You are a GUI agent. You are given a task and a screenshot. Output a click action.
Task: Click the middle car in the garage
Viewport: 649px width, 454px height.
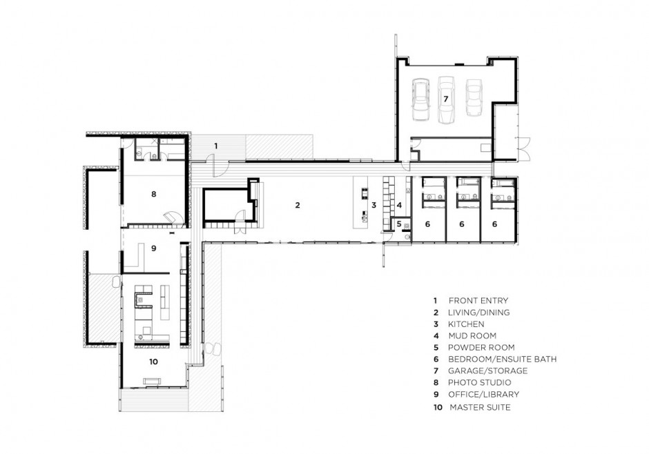tap(446, 100)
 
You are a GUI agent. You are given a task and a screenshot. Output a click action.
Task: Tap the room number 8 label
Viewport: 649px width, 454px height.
tap(153, 194)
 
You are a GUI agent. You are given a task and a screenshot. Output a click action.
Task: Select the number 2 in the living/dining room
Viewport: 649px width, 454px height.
tap(297, 205)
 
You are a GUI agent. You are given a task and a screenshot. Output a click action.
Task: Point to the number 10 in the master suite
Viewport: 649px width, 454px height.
tap(153, 362)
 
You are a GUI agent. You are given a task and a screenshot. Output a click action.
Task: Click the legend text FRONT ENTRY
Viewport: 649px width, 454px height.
tap(478, 301)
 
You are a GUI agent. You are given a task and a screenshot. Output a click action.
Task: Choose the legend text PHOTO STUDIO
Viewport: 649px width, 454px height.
tap(479, 382)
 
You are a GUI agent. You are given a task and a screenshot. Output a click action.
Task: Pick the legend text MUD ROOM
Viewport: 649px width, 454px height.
tap(472, 336)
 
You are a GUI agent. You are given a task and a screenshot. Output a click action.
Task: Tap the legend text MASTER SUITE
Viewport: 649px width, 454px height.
tap(480, 407)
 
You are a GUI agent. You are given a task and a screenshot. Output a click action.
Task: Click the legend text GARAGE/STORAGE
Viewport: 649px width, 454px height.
tap(487, 371)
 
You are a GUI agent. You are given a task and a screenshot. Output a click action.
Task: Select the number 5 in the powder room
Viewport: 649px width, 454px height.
tap(399, 224)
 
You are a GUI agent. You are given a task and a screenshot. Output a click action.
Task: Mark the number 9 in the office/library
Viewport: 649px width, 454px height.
tap(153, 248)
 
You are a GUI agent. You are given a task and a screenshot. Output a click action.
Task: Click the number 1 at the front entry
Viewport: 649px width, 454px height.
tap(215, 146)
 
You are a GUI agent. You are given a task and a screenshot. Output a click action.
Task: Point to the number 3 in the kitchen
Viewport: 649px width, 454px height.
tap(374, 205)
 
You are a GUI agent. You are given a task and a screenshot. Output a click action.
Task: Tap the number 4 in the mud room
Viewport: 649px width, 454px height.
tap(399, 205)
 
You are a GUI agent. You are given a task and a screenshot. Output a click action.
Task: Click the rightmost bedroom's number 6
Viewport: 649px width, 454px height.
tap(494, 224)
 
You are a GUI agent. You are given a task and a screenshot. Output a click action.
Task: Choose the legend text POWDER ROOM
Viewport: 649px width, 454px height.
tap(481, 348)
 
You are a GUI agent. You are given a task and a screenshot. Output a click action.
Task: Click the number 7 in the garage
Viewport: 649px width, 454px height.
tap(446, 99)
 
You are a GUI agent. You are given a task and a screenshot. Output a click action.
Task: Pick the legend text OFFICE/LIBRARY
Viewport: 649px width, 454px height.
tap(483, 395)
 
